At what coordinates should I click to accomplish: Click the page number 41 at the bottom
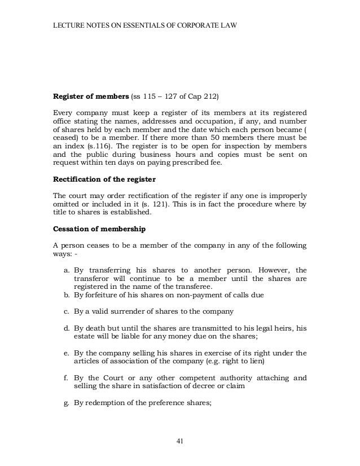180,441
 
